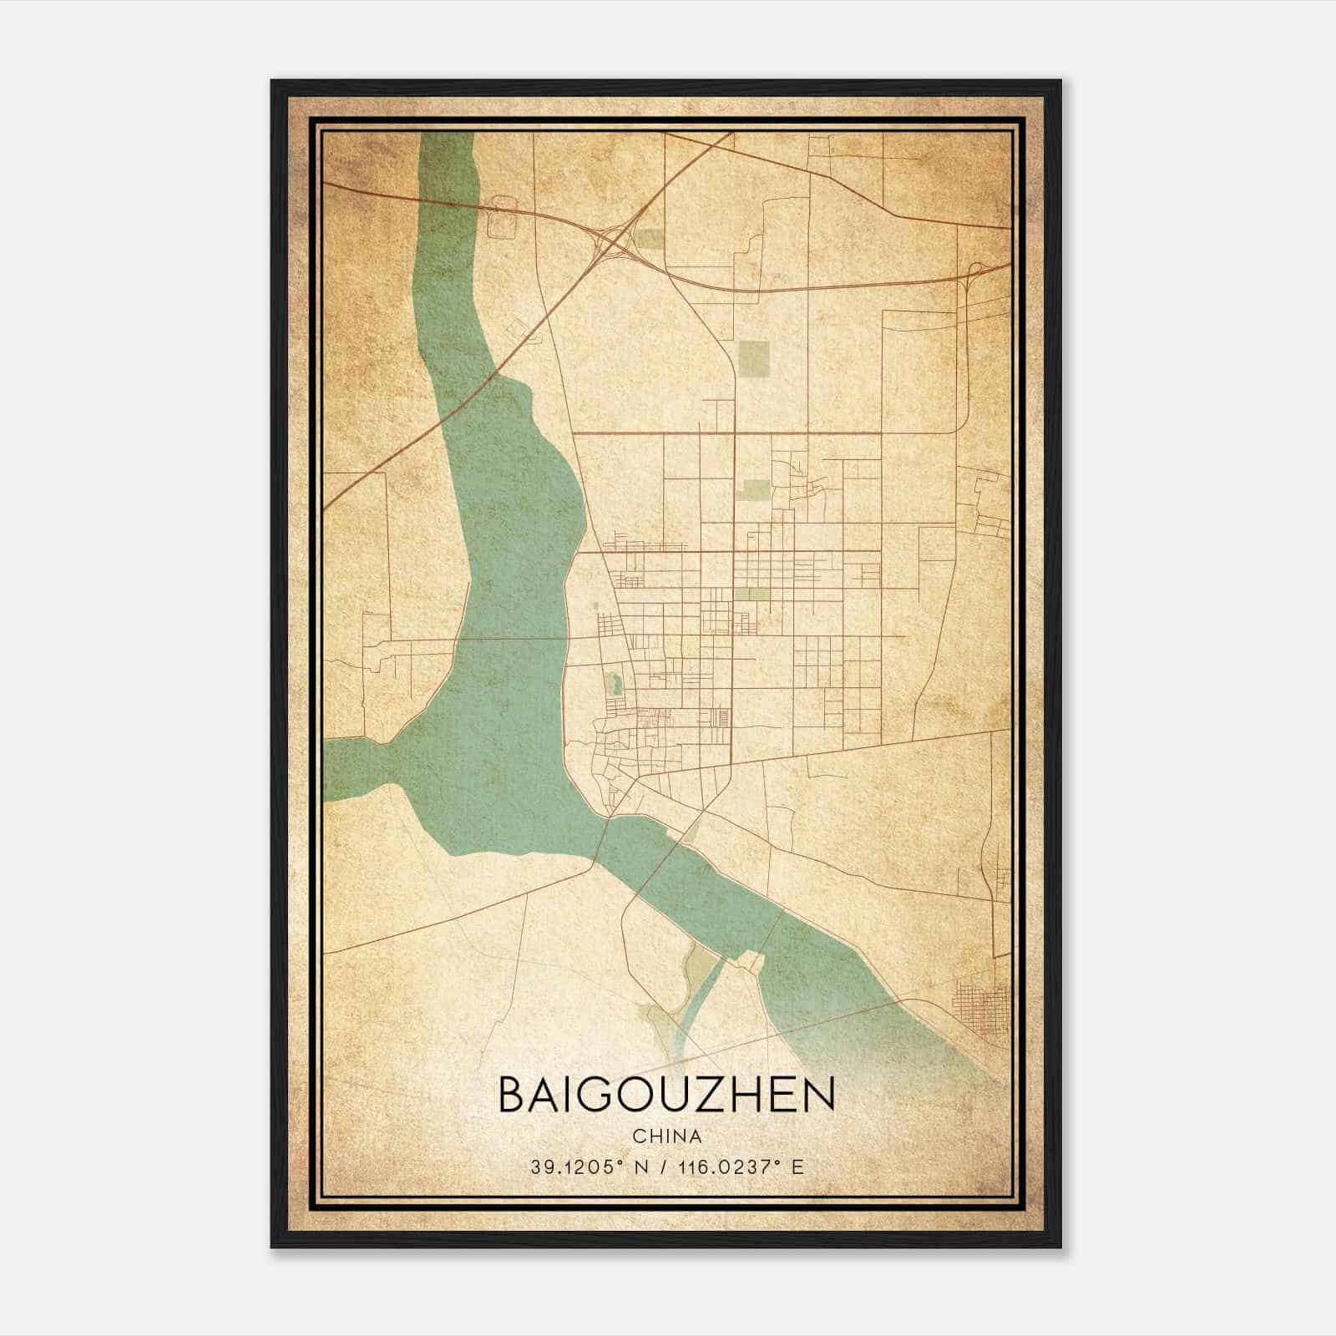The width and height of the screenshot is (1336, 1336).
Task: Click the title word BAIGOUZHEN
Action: (665, 1095)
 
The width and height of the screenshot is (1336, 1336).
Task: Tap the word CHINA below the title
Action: (665, 1136)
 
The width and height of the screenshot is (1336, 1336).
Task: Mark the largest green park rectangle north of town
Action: (755, 357)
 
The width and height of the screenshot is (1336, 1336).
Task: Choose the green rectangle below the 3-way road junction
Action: (756, 490)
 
